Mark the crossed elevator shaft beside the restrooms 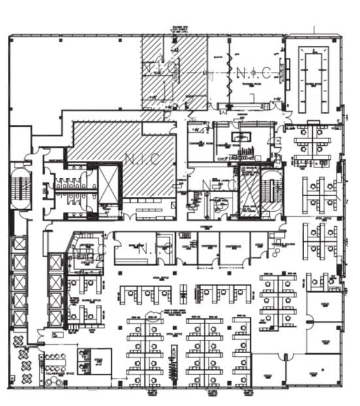108,184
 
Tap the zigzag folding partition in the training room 230,72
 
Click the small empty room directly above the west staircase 20,141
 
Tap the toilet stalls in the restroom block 75,185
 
